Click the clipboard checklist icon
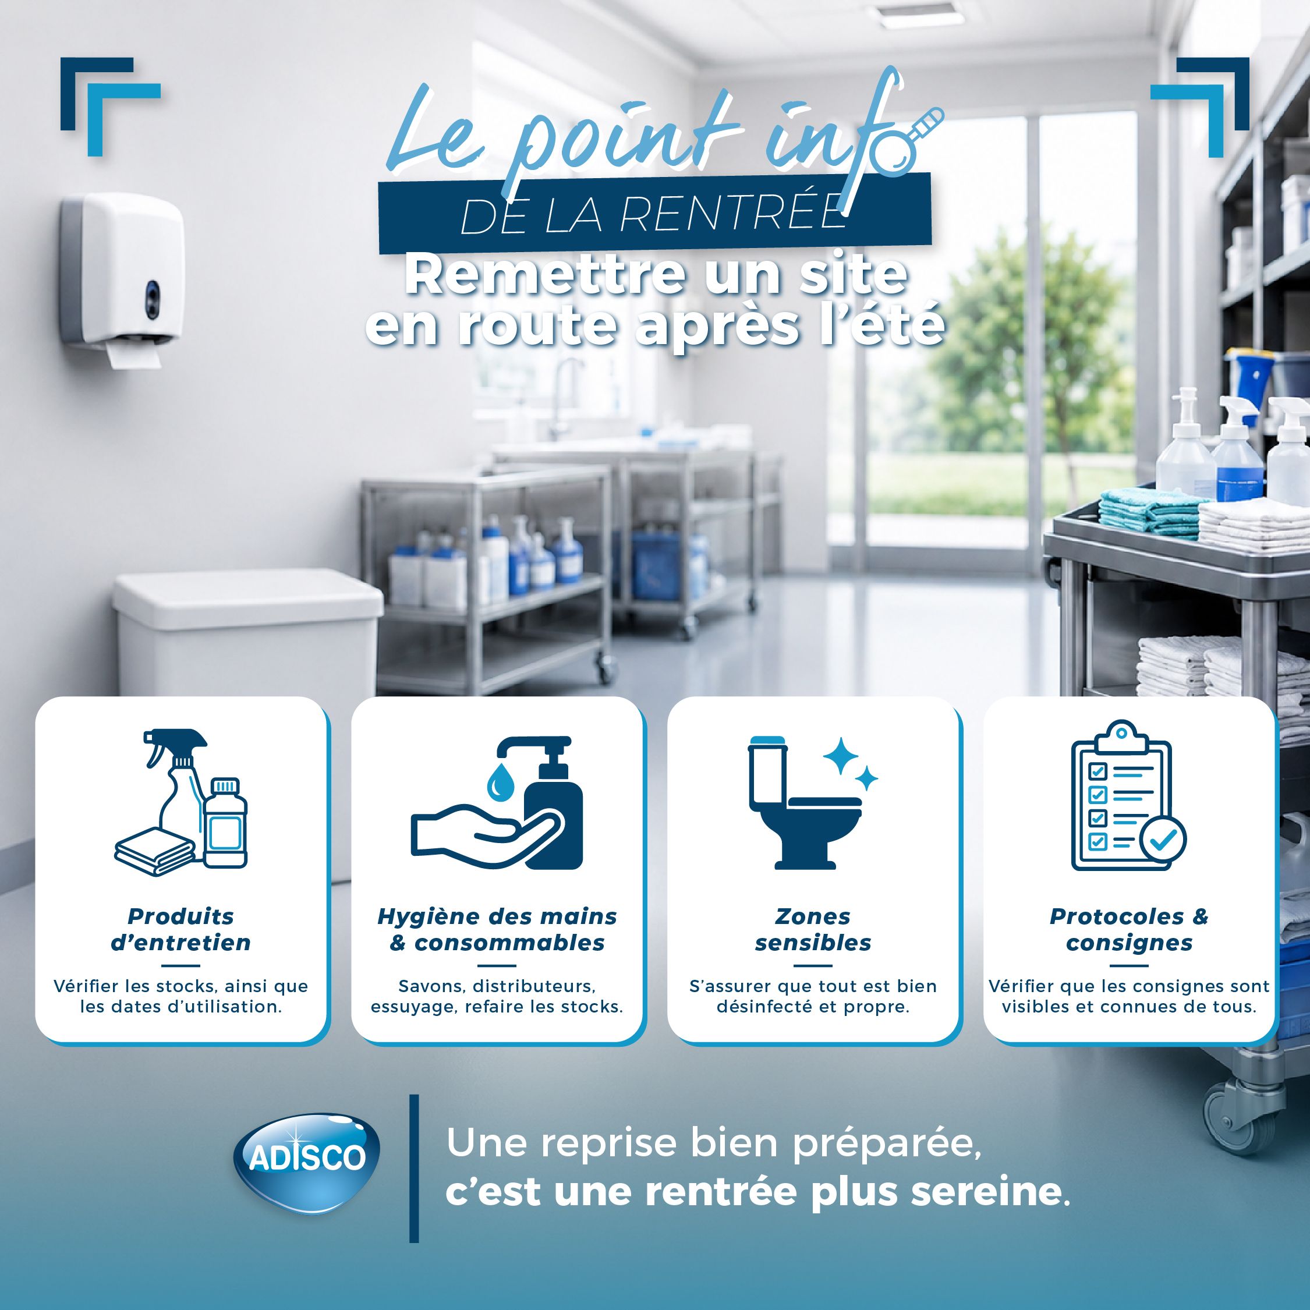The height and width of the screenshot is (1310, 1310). tap(1128, 796)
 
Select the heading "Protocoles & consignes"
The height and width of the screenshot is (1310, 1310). tap(1129, 930)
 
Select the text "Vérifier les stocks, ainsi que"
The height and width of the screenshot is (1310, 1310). tap(181, 986)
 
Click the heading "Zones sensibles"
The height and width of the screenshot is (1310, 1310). tap(813, 930)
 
